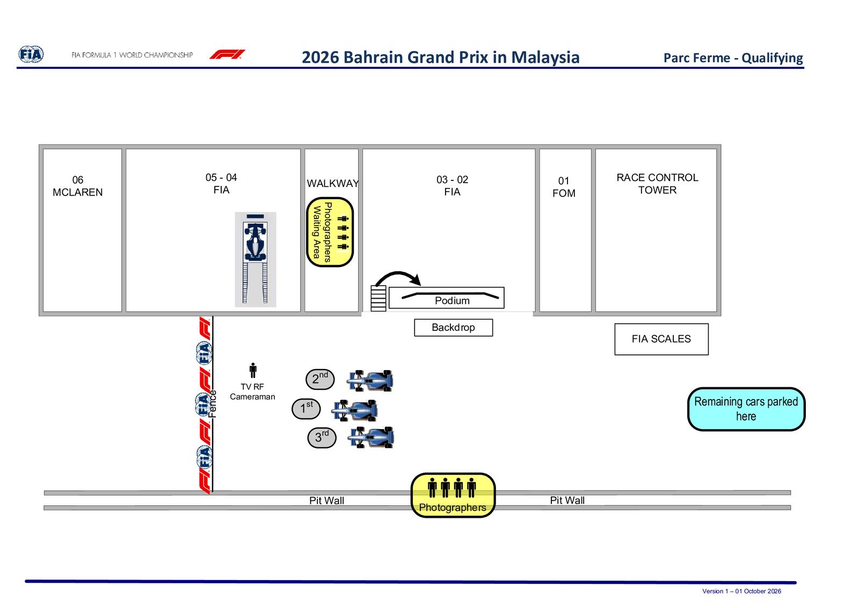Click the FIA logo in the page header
[31, 54]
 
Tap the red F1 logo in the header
[228, 54]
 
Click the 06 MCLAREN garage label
[78, 186]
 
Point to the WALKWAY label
[332, 183]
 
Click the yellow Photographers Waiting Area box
[330, 232]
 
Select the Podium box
[446, 298]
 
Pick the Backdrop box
[453, 328]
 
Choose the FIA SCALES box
[661, 339]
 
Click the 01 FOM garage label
[564, 187]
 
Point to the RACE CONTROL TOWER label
[657, 184]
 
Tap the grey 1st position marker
[306, 409]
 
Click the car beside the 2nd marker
[370, 380]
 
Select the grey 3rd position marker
[322, 438]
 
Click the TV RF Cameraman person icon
[253, 370]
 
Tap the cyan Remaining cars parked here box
[746, 409]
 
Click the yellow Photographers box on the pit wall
[453, 495]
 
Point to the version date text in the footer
[741, 591]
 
